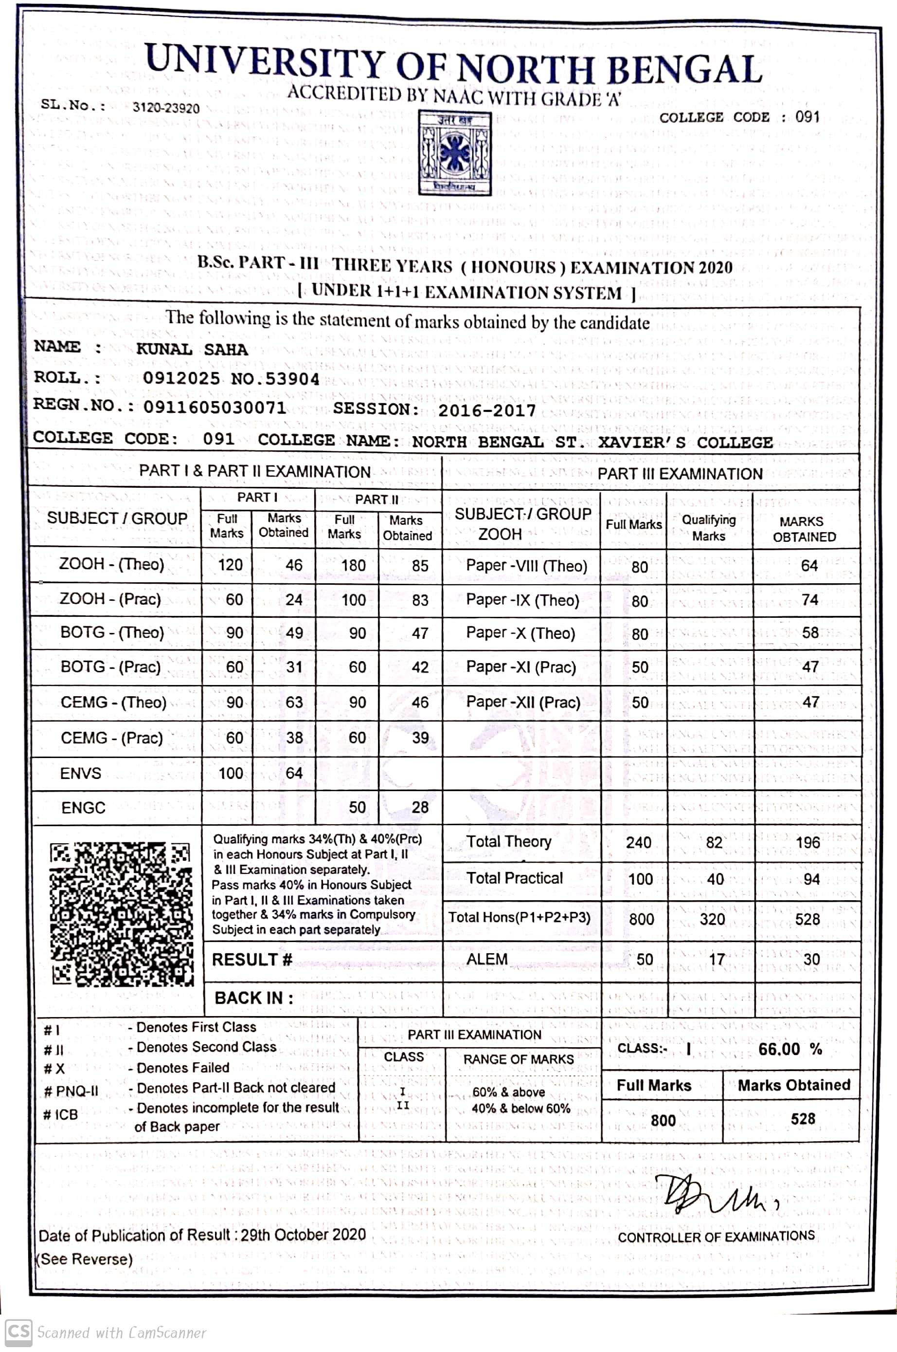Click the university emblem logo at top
(x=455, y=153)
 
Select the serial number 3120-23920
(x=166, y=108)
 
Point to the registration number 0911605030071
(x=215, y=407)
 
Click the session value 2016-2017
(x=487, y=410)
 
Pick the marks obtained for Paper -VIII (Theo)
(x=809, y=566)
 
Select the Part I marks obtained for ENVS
(x=294, y=773)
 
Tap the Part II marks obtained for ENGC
(x=420, y=807)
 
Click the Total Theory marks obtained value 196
(x=807, y=843)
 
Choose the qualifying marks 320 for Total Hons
(x=712, y=919)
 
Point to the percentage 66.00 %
(x=790, y=1049)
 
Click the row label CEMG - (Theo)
(x=113, y=703)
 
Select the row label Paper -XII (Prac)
(x=523, y=703)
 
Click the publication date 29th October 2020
(x=303, y=1235)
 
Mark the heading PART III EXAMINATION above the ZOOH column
(x=680, y=474)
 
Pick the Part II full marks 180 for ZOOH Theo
(x=353, y=566)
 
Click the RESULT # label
(x=251, y=959)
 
